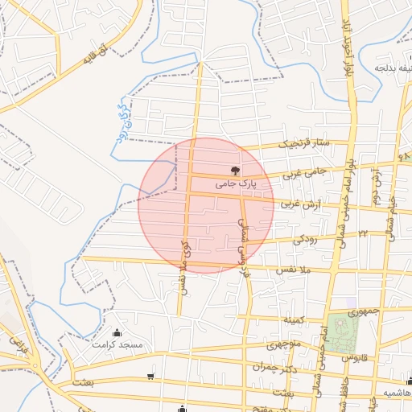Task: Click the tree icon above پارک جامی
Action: pyautogui.click(x=235, y=171)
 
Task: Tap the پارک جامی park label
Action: pyautogui.click(x=235, y=184)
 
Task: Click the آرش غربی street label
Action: pyautogui.click(x=299, y=205)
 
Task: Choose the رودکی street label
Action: pyautogui.click(x=304, y=239)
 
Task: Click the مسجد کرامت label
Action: pyautogui.click(x=117, y=344)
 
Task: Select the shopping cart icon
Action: pyautogui.click(x=151, y=376)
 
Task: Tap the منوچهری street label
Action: pyautogui.click(x=282, y=346)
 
